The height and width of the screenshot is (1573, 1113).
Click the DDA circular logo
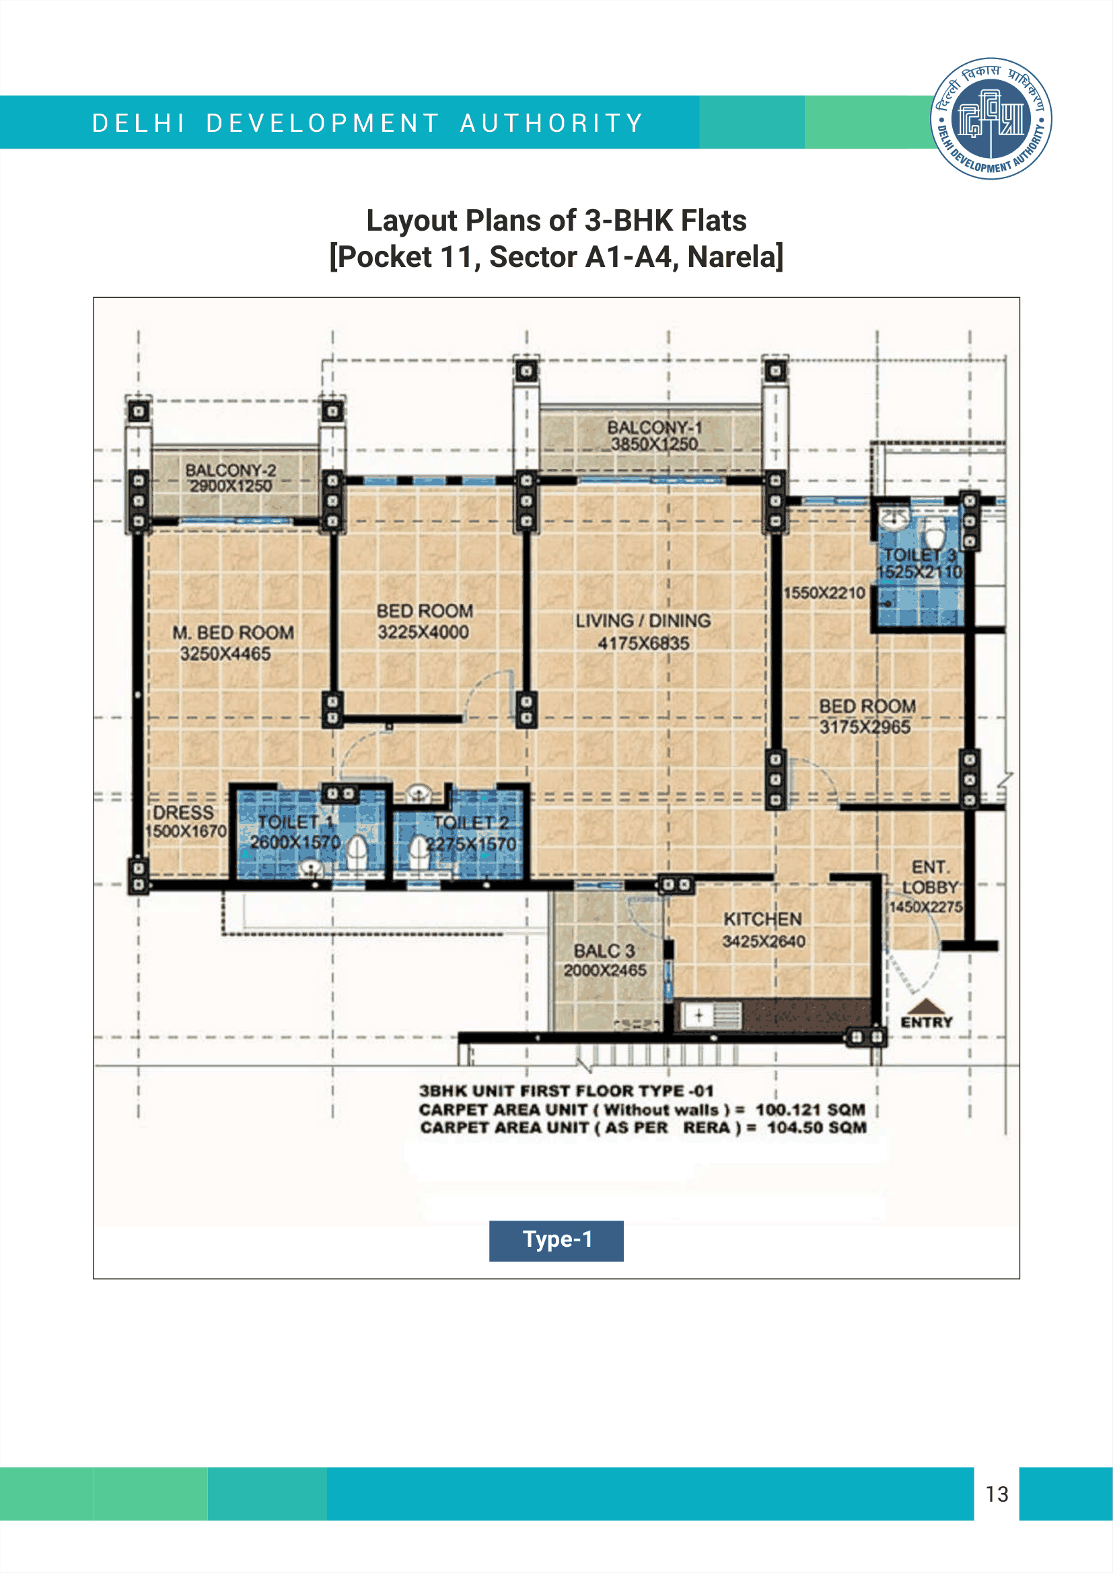point(991,118)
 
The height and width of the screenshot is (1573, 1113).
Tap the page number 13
point(997,1494)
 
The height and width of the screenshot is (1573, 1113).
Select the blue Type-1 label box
point(556,1240)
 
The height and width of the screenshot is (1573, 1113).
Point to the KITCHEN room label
point(763,919)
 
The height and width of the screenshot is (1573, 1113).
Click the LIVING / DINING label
point(643,621)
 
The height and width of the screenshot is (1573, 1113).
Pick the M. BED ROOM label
point(233,632)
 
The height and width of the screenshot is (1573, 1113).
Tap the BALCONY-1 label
point(655,427)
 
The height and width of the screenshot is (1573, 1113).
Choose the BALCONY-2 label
point(230,470)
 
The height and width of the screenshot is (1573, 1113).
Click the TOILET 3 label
point(920,554)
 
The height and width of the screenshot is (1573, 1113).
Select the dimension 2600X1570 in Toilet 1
point(295,842)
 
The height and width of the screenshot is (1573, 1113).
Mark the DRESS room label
point(183,812)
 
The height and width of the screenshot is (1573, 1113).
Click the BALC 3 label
point(604,951)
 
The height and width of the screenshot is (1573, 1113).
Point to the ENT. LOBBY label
point(930,877)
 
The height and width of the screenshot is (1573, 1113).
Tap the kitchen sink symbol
point(709,1015)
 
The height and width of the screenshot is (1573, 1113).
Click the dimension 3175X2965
point(865,727)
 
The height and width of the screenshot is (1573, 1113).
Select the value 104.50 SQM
point(817,1128)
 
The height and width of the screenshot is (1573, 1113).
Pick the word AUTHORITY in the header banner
point(552,123)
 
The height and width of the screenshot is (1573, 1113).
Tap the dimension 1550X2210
point(824,592)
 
